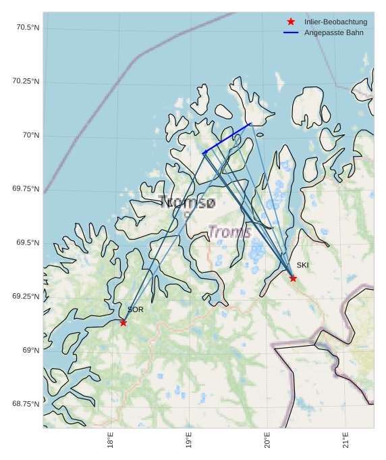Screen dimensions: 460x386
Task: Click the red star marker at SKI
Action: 293,278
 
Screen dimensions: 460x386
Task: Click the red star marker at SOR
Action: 123,323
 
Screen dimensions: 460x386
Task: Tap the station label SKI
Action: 302,265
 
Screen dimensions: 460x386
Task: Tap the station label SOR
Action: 136,309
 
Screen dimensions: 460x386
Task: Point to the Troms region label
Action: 229,232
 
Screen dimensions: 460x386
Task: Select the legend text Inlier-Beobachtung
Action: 335,22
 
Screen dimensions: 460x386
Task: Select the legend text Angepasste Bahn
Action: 334,32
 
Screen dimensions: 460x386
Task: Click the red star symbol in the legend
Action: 291,22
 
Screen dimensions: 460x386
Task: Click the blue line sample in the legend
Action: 291,32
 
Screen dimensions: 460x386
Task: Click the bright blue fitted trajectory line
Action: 227,138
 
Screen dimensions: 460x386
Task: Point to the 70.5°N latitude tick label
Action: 26,27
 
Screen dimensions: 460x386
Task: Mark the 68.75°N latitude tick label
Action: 26,404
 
